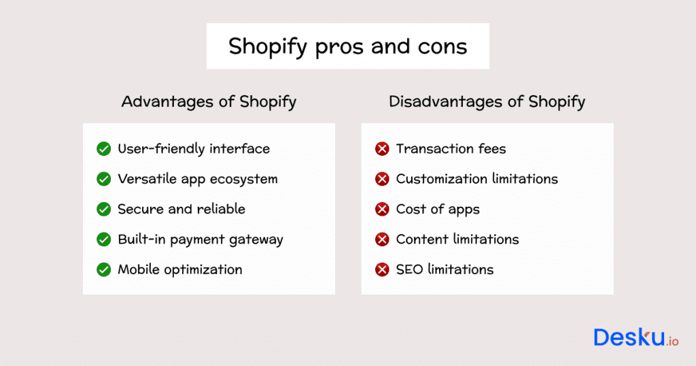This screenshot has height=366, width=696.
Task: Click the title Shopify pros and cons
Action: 347,46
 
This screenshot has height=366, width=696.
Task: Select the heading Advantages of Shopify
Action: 209,102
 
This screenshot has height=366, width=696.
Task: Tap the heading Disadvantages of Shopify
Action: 487,102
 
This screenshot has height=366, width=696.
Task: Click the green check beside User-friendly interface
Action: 104,149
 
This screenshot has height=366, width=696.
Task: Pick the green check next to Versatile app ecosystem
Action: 104,179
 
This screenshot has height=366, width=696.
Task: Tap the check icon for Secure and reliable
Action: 104,210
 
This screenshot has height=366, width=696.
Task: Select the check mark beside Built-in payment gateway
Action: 104,239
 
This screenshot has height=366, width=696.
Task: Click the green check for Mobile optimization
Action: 104,270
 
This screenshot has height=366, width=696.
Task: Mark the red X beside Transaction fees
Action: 382,149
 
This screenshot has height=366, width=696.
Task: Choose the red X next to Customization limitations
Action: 382,179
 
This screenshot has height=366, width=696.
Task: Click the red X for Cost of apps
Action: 382,210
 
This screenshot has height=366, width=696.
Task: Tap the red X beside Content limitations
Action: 382,239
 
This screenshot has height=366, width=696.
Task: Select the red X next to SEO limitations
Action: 382,270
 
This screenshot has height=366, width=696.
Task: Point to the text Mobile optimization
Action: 180,269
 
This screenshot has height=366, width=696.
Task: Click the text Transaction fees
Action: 451,148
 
